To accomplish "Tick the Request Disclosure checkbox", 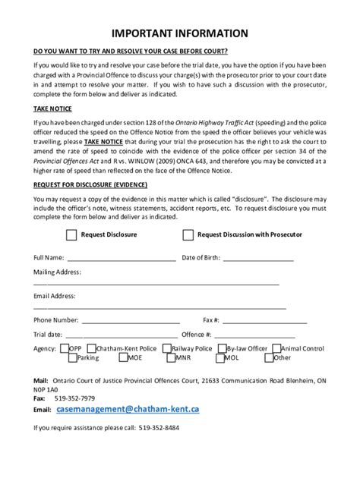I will (x=71, y=235).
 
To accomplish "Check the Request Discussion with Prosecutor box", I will (x=188, y=235).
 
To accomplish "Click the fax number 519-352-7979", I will (x=75, y=398).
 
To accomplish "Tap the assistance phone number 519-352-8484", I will (x=159, y=427).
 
